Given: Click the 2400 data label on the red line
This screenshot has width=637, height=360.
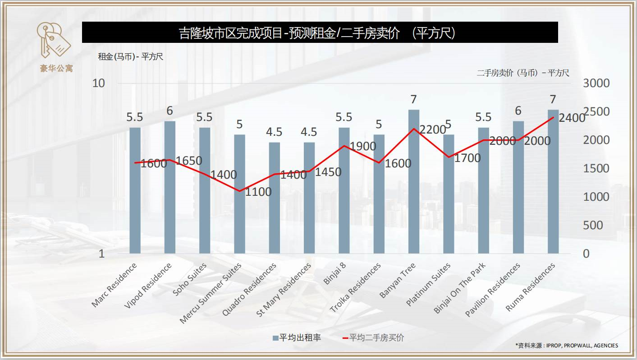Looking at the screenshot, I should coord(572,118).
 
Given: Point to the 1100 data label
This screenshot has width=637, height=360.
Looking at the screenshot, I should coord(258,192).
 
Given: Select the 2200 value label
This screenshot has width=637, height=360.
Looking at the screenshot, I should coord(432,130).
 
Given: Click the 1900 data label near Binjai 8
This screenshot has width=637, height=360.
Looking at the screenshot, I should coord(363,146).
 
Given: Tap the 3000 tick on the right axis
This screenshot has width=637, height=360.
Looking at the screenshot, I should coord(596,83).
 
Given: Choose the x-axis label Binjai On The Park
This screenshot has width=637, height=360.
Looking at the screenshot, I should coord(459,289).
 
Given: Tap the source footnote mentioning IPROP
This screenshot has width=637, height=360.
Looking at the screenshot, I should coord(567,346).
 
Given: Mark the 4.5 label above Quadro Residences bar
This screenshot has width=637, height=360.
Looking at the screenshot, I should coord(274,132).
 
